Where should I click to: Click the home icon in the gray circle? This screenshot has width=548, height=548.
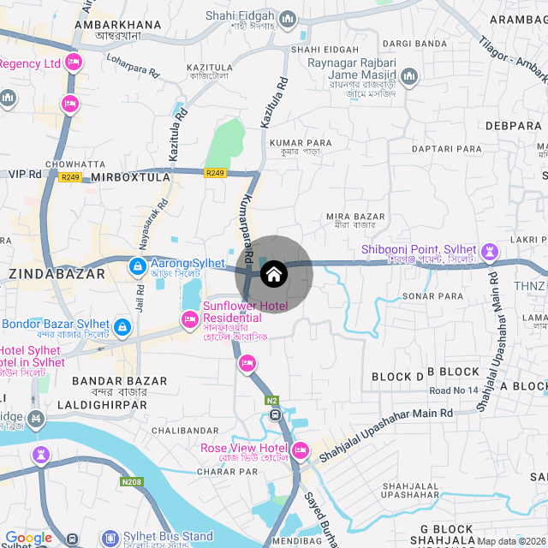tap(274, 275)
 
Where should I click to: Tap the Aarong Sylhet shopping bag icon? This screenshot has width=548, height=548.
tap(137, 267)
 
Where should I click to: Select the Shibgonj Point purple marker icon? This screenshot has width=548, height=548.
tap(489, 252)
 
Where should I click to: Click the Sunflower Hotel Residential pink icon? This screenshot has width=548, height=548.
tap(189, 320)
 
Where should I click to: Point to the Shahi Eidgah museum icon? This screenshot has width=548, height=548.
tap(287, 18)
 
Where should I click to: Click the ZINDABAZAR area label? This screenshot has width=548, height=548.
tap(57, 274)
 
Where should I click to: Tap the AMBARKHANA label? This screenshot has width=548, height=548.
tap(118, 25)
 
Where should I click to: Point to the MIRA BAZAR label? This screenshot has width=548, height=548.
tap(356, 217)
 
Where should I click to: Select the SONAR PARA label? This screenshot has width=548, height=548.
tap(432, 295)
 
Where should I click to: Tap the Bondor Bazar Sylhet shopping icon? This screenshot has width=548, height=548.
tap(122, 326)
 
